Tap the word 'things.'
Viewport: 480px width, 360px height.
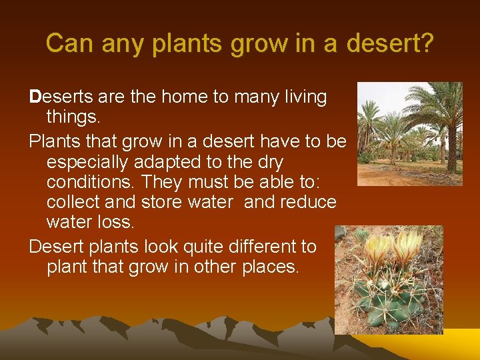click(72, 118)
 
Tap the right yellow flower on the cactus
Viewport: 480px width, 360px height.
click(408, 244)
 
